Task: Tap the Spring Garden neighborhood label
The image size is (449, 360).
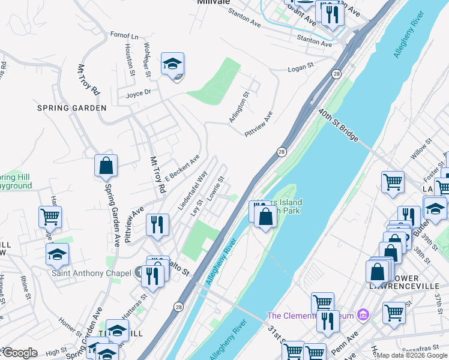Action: coord(71,108)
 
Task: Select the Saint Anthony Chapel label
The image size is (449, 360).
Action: coord(91,274)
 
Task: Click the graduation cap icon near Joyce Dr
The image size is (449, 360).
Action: coord(172,65)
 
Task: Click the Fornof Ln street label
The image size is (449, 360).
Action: coord(124,35)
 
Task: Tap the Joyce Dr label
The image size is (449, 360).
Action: coord(138,93)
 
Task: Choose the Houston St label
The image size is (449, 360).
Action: coord(129,57)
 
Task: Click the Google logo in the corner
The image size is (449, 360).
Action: coord(20,353)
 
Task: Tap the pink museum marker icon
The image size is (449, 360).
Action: coord(362,314)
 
